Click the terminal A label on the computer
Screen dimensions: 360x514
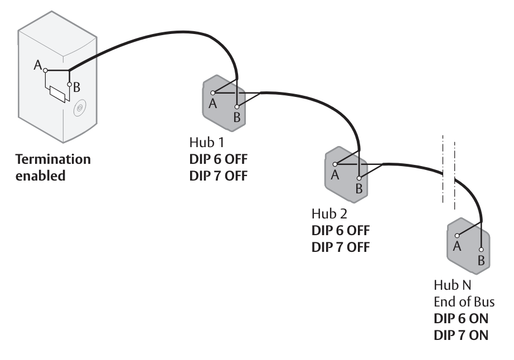point(38,66)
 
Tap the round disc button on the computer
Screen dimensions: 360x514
point(80,106)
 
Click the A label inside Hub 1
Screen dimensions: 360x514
point(212,103)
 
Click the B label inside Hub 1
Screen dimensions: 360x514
point(236,117)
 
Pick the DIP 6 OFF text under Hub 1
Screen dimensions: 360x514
point(217,160)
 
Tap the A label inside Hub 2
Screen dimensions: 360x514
point(334,175)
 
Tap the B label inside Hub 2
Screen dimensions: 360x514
point(359,189)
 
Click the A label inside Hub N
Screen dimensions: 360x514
point(457,246)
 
